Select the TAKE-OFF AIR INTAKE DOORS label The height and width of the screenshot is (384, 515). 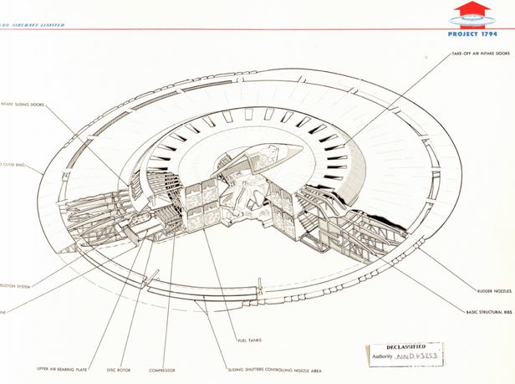coord(480,53)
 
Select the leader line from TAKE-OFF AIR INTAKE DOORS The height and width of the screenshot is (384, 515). coord(393,100)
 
